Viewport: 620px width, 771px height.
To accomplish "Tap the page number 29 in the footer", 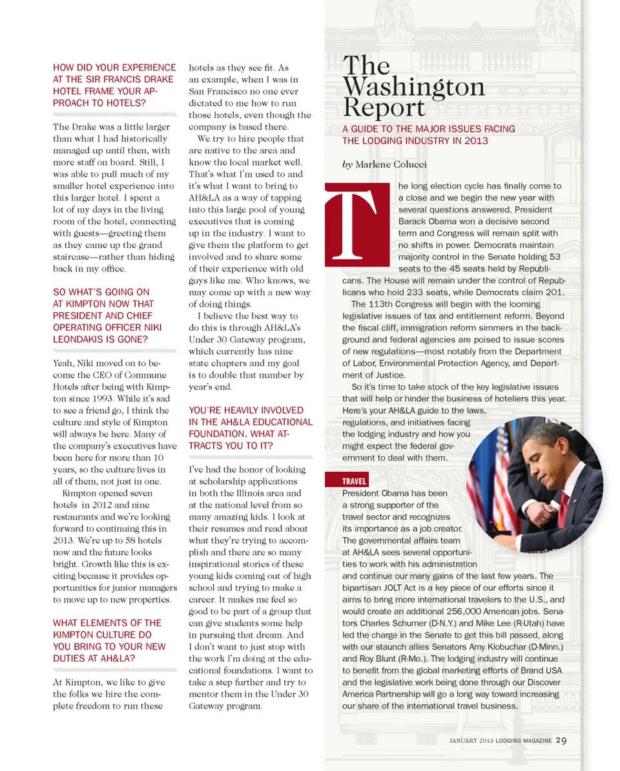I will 561,740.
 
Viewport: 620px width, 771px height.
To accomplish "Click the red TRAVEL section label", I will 355,481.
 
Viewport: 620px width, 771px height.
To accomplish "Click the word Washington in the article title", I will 413,87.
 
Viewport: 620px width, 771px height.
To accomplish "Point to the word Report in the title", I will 384,107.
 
